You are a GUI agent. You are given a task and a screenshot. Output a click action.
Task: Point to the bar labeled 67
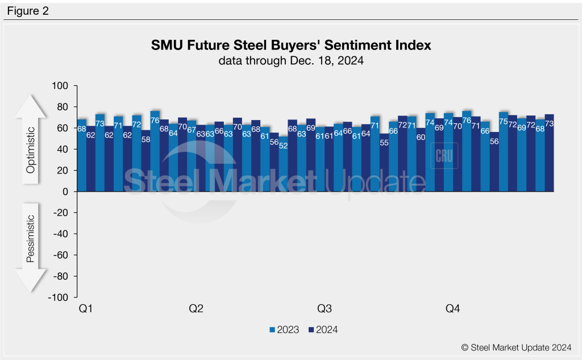coord(192,156)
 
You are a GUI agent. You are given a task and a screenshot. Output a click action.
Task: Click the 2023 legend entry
coord(284,329)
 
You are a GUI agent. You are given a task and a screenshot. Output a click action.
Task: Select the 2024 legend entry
coord(323,329)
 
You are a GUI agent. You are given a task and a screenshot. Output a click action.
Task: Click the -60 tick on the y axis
coord(60,255)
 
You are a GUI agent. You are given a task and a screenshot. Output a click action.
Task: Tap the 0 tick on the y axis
coord(65,192)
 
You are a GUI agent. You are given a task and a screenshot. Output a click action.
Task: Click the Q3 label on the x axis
coord(324,309)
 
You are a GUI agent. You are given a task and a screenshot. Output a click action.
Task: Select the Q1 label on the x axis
coord(85,309)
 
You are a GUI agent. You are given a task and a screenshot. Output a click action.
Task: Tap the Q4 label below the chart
coord(452,309)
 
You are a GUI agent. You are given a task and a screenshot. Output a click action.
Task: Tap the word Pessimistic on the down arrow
coord(31,238)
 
